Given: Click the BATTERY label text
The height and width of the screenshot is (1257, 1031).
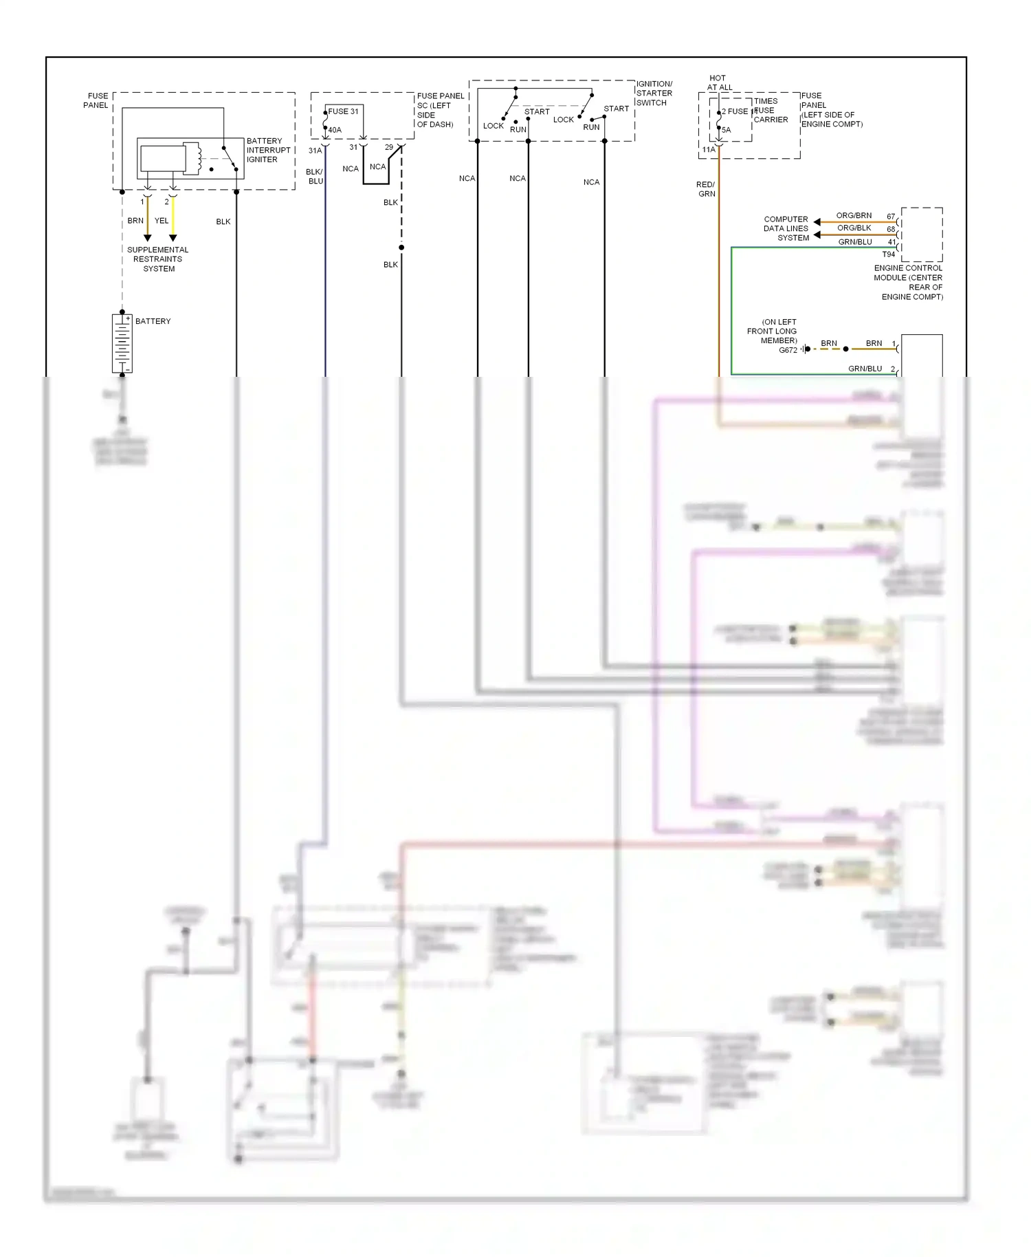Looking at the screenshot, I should pyautogui.click(x=153, y=321).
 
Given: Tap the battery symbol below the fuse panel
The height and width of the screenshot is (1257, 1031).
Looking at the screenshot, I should pyautogui.click(x=122, y=343).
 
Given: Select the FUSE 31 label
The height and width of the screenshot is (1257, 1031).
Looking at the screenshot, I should pyautogui.click(x=343, y=111).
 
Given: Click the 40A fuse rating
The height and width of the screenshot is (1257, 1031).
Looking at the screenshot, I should pyautogui.click(x=335, y=130).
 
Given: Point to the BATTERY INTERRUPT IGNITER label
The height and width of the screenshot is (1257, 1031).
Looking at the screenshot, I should pyautogui.click(x=268, y=150).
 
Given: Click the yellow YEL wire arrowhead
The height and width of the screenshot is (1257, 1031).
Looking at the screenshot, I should pyautogui.click(x=173, y=238).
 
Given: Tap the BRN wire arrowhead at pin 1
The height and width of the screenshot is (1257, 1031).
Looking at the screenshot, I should pyautogui.click(x=147, y=238).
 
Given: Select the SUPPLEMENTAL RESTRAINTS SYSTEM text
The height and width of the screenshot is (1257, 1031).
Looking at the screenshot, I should pyautogui.click(x=158, y=259).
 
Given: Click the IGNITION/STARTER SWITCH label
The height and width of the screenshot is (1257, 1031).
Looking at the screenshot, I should pyautogui.click(x=654, y=94).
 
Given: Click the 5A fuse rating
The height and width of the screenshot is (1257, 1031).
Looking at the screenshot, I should pyautogui.click(x=727, y=130).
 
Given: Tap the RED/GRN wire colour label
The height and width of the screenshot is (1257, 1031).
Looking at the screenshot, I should pyautogui.click(x=706, y=189).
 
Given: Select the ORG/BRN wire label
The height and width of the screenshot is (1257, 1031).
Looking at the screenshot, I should pyautogui.click(x=854, y=215).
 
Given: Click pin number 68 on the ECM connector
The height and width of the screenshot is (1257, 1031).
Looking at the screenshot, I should pyautogui.click(x=891, y=229).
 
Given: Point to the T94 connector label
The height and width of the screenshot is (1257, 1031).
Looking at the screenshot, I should pyautogui.click(x=889, y=254).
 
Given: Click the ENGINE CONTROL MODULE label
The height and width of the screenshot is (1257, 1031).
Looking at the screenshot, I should pyautogui.click(x=908, y=282).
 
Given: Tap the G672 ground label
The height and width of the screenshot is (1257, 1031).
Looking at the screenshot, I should pyautogui.click(x=788, y=350).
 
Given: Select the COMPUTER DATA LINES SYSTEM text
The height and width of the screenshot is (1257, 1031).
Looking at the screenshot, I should pyautogui.click(x=786, y=228).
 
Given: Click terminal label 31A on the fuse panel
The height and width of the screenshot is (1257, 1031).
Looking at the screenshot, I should pyautogui.click(x=315, y=151).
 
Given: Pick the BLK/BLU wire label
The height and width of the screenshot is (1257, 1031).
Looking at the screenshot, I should pyautogui.click(x=315, y=177).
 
